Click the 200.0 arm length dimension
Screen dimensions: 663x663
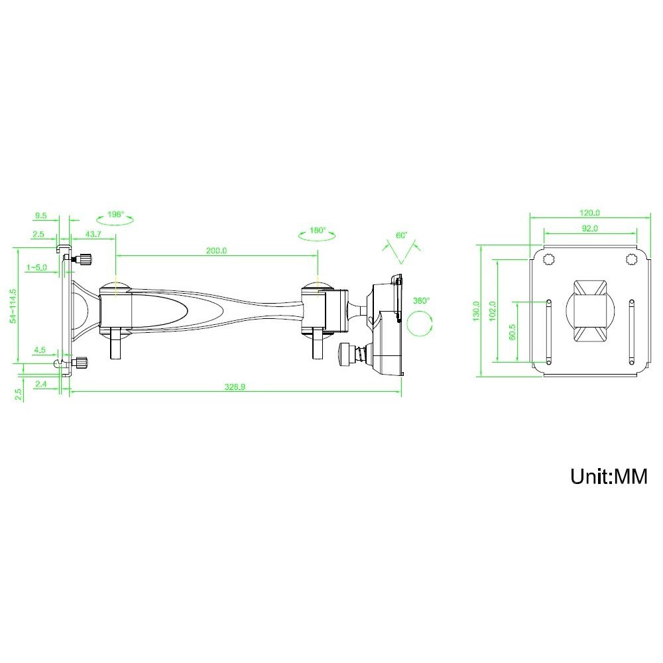(217, 251)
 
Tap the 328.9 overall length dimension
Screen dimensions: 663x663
(235, 387)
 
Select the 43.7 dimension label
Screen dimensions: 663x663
(93, 234)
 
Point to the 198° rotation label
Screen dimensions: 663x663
(115, 214)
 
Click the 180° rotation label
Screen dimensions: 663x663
(318, 231)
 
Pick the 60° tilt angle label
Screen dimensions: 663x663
(401, 235)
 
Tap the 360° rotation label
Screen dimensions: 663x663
(421, 301)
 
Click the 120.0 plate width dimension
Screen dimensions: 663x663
(589, 213)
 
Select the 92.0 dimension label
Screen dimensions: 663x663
(590, 228)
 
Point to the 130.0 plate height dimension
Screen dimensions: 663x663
(476, 311)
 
